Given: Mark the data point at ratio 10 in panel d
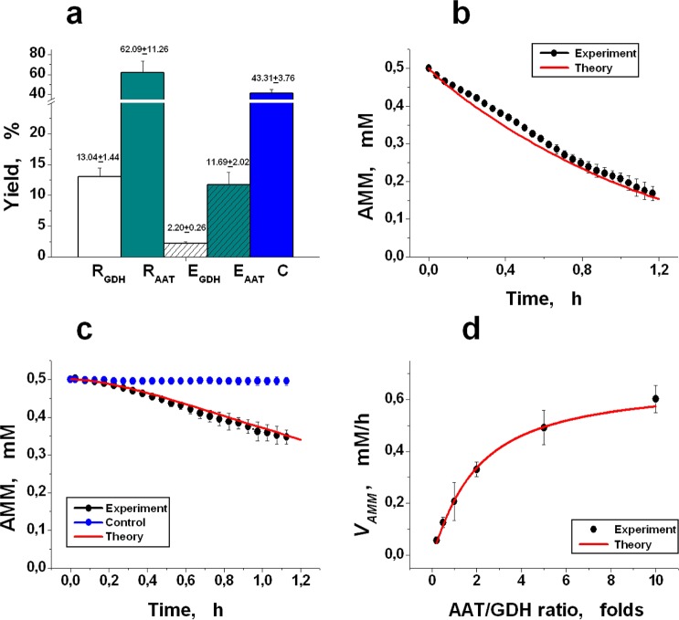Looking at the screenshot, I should point(655,398).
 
